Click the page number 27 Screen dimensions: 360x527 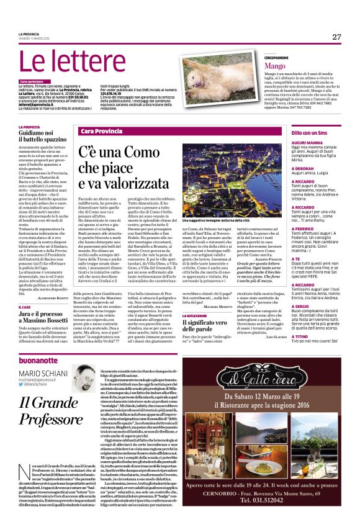pyautogui.click(x=336, y=37)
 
